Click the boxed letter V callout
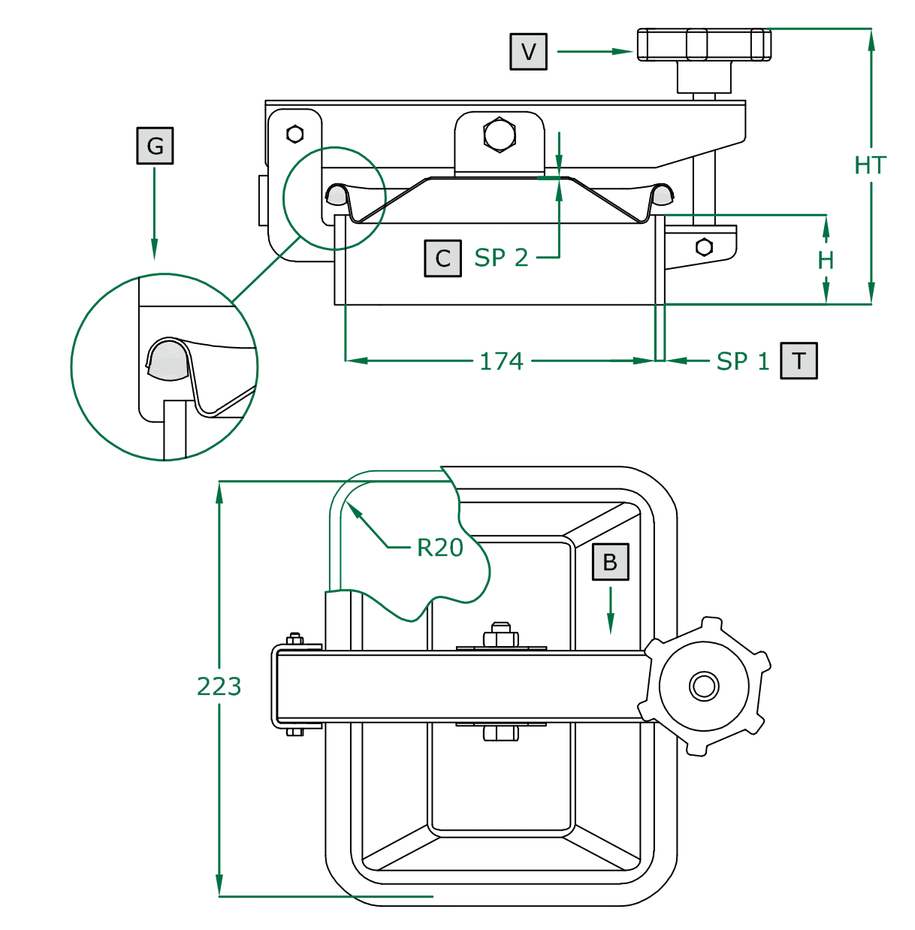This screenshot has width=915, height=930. coord(528,52)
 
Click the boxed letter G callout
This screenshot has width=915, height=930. coord(155,146)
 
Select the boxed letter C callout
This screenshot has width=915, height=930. coord(442,258)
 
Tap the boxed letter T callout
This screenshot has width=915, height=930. coord(799,361)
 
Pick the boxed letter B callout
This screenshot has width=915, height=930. coord(610,562)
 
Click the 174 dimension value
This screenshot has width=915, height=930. coord(501,361)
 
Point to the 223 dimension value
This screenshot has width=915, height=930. coord(219,687)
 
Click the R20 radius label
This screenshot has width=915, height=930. coord(440,548)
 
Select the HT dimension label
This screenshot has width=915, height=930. coord(870,165)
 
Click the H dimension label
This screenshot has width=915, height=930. coord(826,261)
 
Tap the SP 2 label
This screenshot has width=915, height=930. coord(501,258)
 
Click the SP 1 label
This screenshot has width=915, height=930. coord(742,361)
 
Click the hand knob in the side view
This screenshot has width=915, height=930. coord(704,45)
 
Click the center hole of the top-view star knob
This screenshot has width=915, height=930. coord(704,686)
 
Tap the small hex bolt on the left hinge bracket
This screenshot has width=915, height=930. coord(295,134)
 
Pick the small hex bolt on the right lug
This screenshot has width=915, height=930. coord(704,246)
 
